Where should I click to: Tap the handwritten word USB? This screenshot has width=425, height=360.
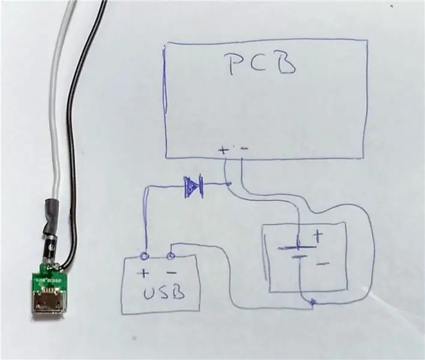(164, 293)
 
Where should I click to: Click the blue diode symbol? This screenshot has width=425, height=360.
(193, 186)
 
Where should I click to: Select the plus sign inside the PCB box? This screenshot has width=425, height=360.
(223, 150)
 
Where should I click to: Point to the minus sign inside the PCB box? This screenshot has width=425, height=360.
(244, 148)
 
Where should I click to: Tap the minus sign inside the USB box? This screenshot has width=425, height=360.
(172, 272)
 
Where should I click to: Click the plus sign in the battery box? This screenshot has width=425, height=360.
(319, 236)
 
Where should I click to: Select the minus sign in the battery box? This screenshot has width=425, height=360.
(323, 263)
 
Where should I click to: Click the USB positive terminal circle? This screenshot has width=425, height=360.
(145, 256)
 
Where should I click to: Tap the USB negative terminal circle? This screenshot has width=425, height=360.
(170, 256)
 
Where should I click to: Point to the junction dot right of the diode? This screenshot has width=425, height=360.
(229, 184)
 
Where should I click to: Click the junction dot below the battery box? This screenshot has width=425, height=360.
(313, 302)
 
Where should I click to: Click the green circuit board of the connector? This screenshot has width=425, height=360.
(49, 279)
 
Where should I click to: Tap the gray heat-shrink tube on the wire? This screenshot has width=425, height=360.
(52, 217)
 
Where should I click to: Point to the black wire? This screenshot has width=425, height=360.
(73, 136)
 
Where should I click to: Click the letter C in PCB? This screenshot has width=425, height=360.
(258, 63)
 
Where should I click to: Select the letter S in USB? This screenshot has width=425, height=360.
(164, 293)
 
